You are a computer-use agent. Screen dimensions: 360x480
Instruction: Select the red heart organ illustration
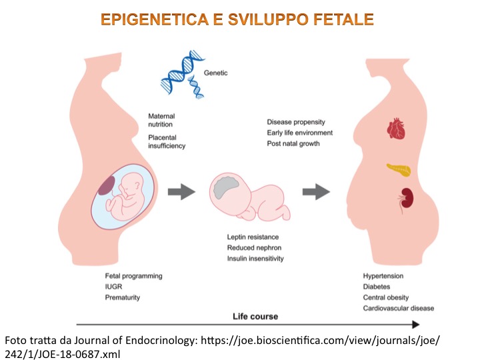coord(396,129)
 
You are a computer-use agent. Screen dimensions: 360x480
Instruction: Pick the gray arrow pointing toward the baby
coord(180,193)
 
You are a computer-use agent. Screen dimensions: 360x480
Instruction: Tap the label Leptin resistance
coord(253,237)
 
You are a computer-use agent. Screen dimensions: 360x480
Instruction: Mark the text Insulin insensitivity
coord(255,259)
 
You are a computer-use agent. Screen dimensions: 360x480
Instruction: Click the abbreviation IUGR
coord(113,287)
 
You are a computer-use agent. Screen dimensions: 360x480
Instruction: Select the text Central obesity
coord(386,297)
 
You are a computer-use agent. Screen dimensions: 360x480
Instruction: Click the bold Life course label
coord(255,316)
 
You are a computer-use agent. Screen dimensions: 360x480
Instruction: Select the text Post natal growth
coord(293,144)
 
